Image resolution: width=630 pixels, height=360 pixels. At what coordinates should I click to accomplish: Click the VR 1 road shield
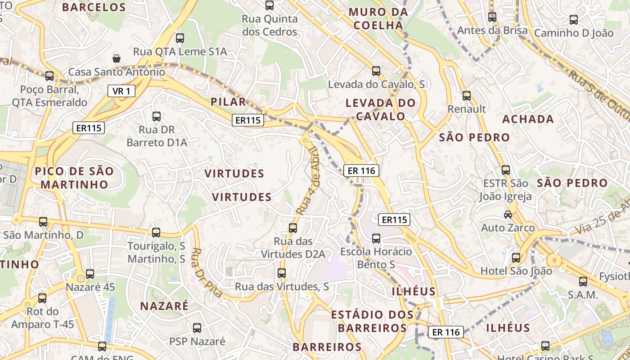(121, 91)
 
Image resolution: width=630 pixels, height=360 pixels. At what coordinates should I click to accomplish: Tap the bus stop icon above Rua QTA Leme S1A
(180, 38)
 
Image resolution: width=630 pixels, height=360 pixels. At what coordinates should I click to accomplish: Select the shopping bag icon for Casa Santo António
(117, 58)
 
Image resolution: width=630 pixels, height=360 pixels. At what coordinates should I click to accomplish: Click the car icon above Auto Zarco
(508, 215)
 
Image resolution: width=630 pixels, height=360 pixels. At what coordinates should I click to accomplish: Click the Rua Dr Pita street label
(207, 273)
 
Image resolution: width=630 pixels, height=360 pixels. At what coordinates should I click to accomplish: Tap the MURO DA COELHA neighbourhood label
(378, 19)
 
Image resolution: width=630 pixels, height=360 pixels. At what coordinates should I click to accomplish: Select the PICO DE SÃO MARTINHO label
(74, 178)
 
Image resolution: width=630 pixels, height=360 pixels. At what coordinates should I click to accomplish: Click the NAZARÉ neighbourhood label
(164, 306)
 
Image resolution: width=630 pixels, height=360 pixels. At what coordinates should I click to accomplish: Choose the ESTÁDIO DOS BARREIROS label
(372, 321)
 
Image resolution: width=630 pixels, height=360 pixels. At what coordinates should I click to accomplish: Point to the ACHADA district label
(528, 119)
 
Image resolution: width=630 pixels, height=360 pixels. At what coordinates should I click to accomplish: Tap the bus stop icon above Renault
(467, 96)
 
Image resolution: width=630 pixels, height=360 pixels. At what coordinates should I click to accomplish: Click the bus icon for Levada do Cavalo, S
(376, 71)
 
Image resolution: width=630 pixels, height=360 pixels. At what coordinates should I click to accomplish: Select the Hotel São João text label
(516, 271)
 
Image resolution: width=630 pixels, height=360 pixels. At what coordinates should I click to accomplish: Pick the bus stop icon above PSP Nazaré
(197, 328)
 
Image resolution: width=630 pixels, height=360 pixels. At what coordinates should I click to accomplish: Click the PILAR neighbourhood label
(229, 102)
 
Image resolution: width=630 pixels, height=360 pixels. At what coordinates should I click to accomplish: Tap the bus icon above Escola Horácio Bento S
(376, 238)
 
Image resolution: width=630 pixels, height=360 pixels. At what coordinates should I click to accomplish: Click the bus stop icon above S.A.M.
(583, 282)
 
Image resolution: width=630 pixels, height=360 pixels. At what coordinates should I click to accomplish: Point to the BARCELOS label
(94, 7)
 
